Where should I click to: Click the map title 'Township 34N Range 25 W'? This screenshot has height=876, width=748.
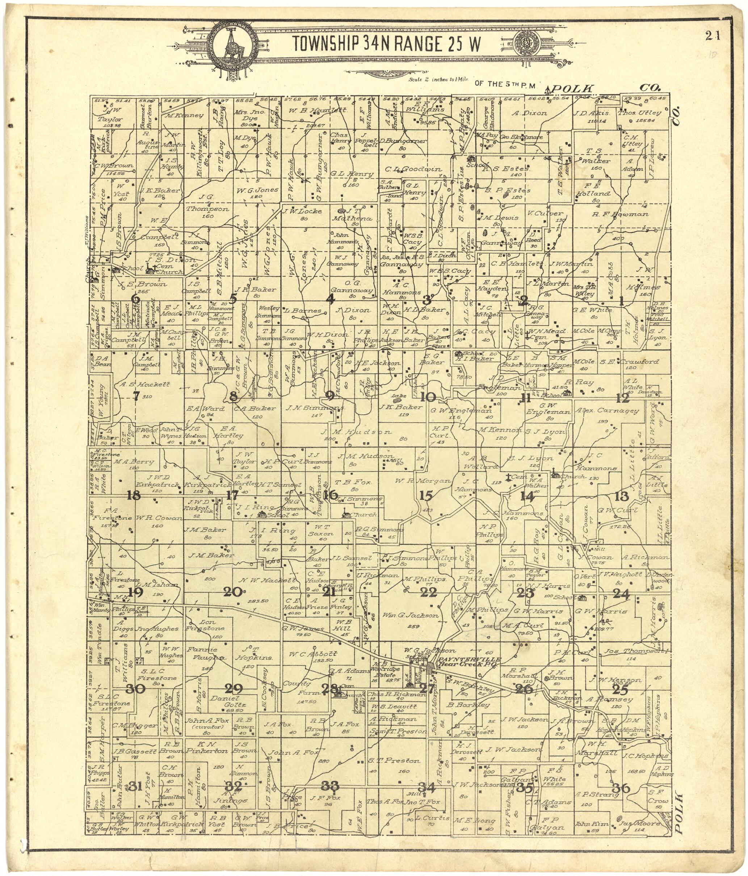[386, 43]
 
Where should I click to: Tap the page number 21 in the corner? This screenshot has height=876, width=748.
[712, 36]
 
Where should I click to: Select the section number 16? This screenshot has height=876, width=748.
[331, 494]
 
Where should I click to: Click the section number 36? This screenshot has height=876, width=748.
[621, 788]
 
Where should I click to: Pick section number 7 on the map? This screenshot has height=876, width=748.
[136, 396]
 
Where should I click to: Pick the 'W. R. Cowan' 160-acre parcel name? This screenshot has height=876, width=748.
[153, 518]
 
